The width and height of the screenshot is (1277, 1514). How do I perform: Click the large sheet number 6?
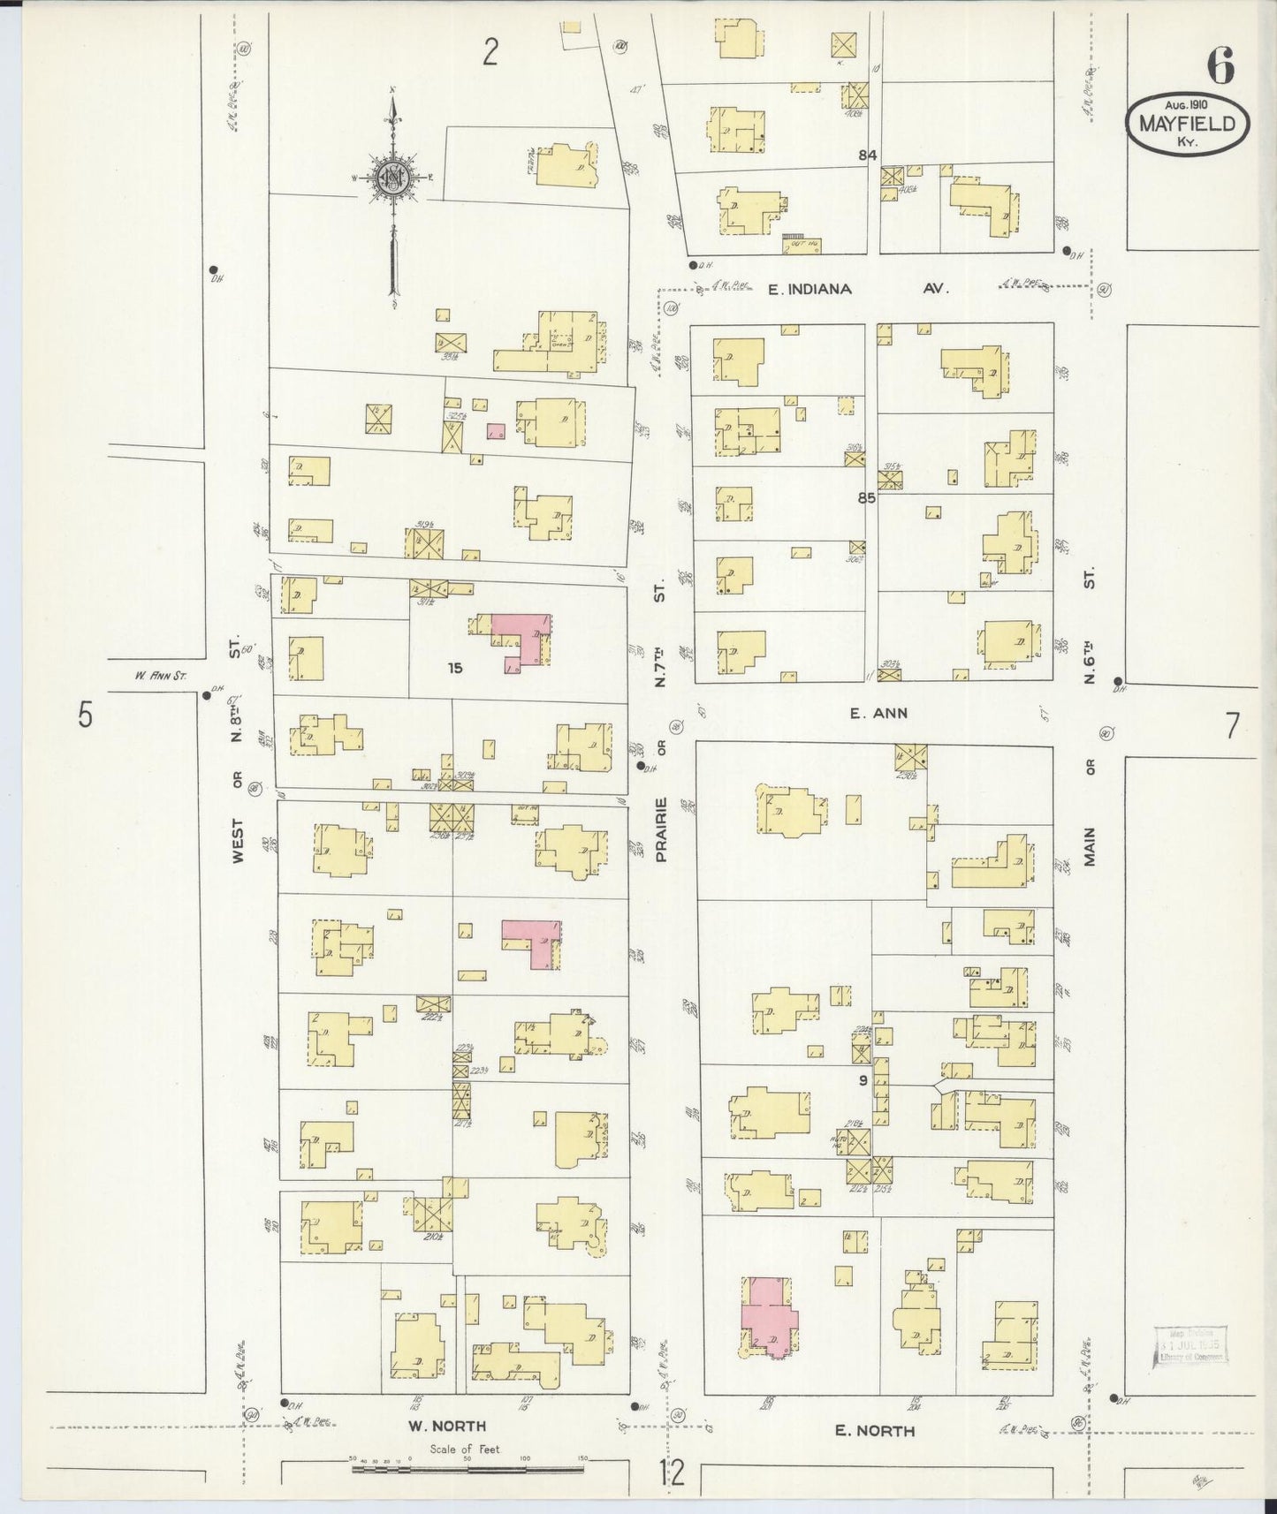click(1220, 65)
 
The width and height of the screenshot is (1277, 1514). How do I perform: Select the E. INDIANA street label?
click(809, 289)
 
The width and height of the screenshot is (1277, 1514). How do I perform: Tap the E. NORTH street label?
click(875, 1431)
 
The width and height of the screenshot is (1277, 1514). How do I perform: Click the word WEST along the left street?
click(237, 837)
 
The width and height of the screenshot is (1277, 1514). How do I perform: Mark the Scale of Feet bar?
click(467, 1470)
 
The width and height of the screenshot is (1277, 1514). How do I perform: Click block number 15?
click(454, 668)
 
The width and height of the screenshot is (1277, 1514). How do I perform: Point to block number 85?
click(865, 497)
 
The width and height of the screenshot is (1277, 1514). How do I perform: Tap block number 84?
click(867, 155)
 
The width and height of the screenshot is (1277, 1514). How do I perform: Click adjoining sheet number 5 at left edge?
click(85, 714)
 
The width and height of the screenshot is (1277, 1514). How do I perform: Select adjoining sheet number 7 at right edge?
click(1232, 725)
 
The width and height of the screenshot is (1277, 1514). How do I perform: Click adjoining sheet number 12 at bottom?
click(671, 1473)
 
